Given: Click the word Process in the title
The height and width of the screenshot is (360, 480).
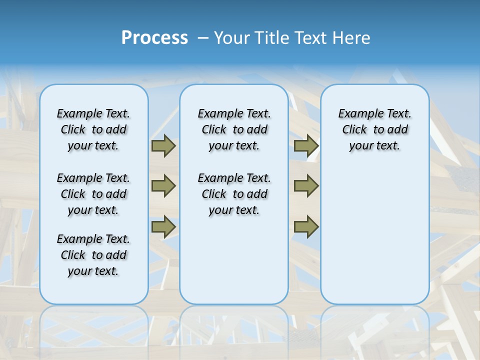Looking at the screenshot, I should pyautogui.click(x=154, y=37).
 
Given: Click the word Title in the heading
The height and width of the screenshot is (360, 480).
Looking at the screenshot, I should pyautogui.click(x=273, y=37).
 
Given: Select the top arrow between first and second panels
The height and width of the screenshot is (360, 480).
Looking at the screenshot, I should pyautogui.click(x=163, y=145).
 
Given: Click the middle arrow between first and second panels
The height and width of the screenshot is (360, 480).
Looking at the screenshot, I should pyautogui.click(x=163, y=186).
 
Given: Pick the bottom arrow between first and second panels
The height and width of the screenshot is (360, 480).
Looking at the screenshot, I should pyautogui.click(x=163, y=226).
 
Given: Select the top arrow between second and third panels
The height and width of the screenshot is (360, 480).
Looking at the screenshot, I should pyautogui.click(x=306, y=145).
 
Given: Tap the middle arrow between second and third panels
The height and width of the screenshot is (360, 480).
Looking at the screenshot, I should pyautogui.click(x=306, y=186).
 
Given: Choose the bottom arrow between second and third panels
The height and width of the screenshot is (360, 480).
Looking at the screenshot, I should pyautogui.click(x=306, y=226).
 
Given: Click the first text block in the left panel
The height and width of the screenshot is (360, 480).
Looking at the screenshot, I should pyautogui.click(x=93, y=129).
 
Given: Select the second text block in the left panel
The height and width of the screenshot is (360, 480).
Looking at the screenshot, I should pyautogui.click(x=93, y=194).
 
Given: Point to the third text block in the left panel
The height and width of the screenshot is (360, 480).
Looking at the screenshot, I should pyautogui.click(x=93, y=255).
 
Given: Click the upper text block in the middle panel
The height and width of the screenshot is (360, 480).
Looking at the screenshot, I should pyautogui.click(x=234, y=129).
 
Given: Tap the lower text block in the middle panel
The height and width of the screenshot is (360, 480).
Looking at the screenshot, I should pyautogui.click(x=234, y=194).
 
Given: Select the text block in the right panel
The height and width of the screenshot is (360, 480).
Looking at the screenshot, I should pyautogui.click(x=374, y=129).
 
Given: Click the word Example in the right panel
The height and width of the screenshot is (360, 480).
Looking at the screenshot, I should pyautogui.click(x=359, y=114).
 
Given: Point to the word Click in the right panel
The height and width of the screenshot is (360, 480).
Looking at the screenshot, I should pyautogui.click(x=354, y=129).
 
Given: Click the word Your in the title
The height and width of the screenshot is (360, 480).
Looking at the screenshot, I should pyautogui.click(x=232, y=37).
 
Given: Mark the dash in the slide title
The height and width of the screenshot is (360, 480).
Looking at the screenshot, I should pyautogui.click(x=203, y=37).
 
